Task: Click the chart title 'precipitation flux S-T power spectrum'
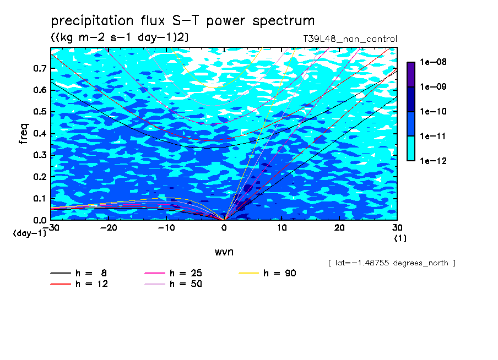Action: pos(183,21)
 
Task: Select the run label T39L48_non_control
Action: pos(350,39)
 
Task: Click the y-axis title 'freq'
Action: pos(24,134)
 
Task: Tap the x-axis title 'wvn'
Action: pos(224,252)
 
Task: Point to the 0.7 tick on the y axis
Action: pos(40,68)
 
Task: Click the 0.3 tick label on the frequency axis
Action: pos(40,155)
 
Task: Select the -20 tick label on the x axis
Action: pos(109,228)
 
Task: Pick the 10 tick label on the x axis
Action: pos(282,228)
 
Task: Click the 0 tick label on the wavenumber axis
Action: pos(224,228)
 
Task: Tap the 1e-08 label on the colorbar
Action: pos(433,62)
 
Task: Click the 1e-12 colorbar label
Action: pos(433,161)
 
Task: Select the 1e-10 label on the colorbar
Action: pos(433,111)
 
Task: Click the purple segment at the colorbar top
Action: pos(411,75)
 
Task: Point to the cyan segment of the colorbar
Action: pos(411,149)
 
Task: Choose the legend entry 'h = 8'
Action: pos(78,273)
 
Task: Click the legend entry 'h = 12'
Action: pos(79,284)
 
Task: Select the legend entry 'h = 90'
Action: pos(267,273)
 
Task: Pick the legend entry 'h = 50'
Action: pos(174,284)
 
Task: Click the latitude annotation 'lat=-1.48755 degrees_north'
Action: pos(392,263)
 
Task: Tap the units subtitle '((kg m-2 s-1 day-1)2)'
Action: pos(120,37)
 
